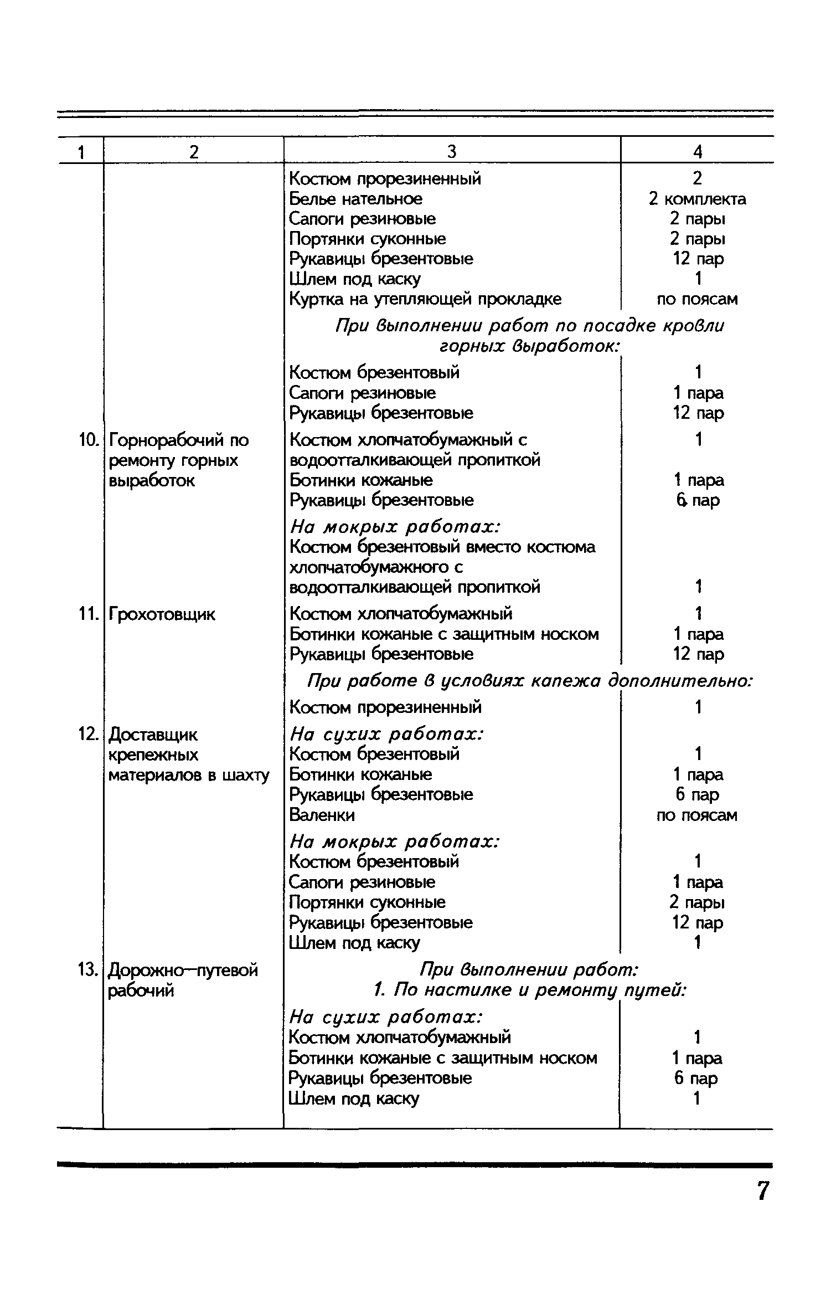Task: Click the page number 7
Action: (x=763, y=1190)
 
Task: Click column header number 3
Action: (x=452, y=151)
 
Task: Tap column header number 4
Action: (x=698, y=151)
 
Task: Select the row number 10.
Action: (x=86, y=440)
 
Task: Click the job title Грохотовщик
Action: (x=162, y=614)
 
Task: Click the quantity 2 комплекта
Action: (x=698, y=199)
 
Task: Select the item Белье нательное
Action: (x=355, y=199)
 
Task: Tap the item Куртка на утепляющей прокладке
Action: (x=425, y=299)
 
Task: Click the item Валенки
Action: (x=322, y=815)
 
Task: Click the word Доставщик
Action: (x=153, y=735)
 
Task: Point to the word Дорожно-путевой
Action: (x=183, y=971)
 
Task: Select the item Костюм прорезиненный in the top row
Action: (x=385, y=179)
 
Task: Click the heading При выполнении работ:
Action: (x=529, y=970)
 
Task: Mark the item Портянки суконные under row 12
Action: (x=367, y=902)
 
